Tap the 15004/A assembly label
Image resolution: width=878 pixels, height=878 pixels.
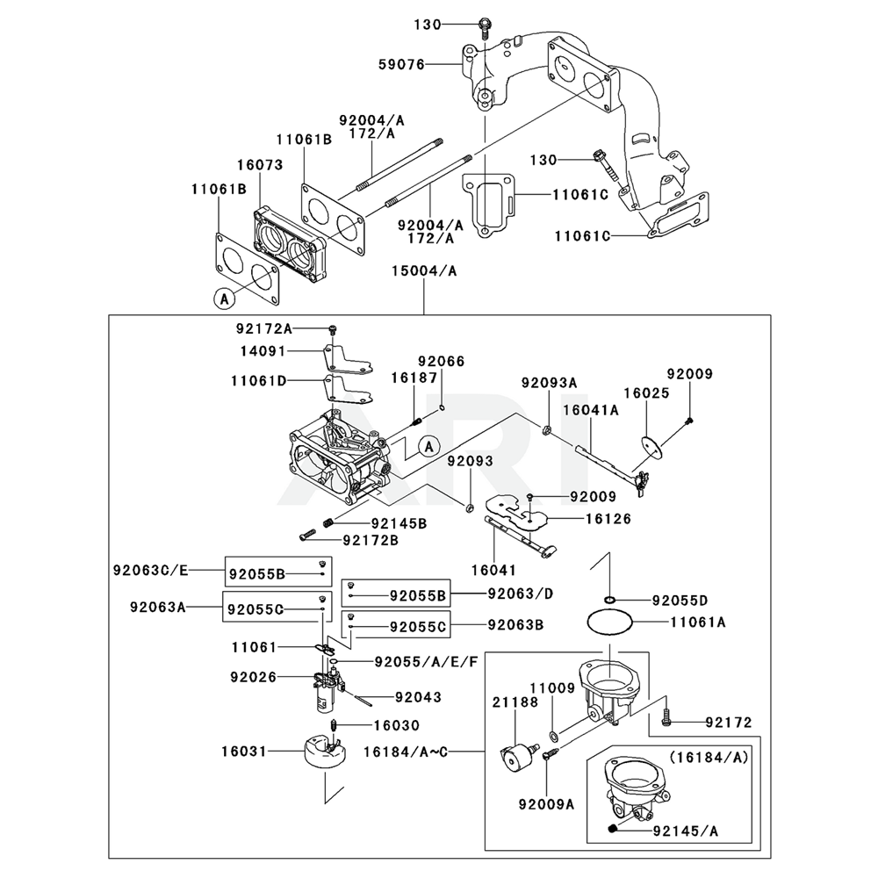(423, 271)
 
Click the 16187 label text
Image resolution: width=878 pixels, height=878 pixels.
(414, 377)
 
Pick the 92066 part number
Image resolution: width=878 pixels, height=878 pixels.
(441, 361)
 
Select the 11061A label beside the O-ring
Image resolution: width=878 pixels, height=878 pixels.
(698, 622)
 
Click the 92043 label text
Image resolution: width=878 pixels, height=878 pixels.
(418, 698)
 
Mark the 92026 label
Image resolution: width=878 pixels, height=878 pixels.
(254, 677)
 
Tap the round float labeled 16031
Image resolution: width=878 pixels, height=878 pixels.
(321, 753)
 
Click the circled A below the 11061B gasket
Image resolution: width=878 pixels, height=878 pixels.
(224, 299)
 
